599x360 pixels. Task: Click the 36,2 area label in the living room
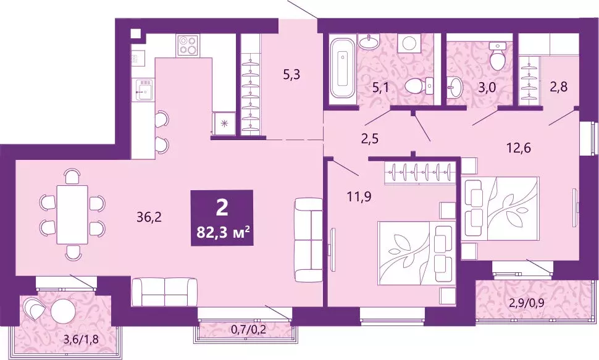(148, 217)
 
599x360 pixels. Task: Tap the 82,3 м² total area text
(222, 233)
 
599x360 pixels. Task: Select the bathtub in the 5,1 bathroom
(341, 70)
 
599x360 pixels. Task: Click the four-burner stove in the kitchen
(188, 45)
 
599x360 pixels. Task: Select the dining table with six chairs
(72, 214)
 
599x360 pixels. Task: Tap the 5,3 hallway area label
(291, 76)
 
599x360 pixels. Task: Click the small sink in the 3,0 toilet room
(455, 88)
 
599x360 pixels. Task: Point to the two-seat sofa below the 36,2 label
(165, 292)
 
